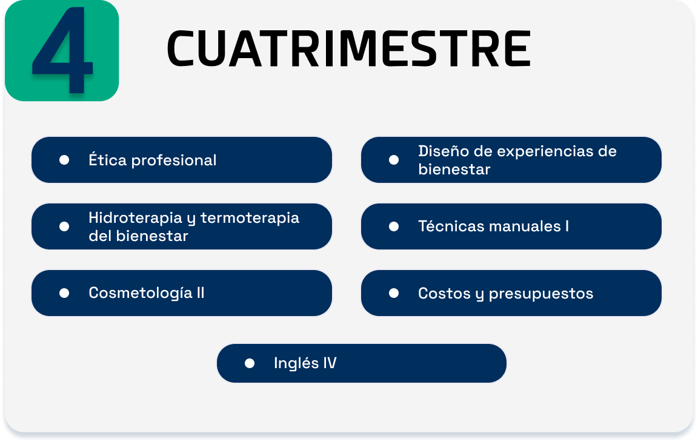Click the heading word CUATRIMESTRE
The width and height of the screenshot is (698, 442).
pyautogui.click(x=348, y=48)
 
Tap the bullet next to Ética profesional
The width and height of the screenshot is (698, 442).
pyautogui.click(x=64, y=160)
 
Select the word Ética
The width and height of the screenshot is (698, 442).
pyautogui.click(x=108, y=159)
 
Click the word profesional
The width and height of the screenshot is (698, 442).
pyautogui.click(x=174, y=160)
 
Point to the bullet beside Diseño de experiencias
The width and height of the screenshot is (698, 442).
pyautogui.click(x=393, y=160)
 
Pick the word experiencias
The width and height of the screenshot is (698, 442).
pyautogui.click(x=545, y=151)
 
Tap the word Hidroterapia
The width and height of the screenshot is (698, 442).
pyautogui.click(x=135, y=218)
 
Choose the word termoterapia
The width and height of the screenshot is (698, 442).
pyautogui.click(x=250, y=219)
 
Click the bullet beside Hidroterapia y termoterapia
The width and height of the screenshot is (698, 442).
pyautogui.click(x=64, y=227)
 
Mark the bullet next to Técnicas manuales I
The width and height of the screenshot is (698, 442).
pyautogui.click(x=393, y=227)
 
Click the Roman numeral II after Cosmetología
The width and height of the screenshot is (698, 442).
pyautogui.click(x=201, y=293)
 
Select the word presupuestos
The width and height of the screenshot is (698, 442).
pyautogui.click(x=541, y=294)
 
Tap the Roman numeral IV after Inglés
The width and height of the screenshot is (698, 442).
pyautogui.click(x=330, y=363)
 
